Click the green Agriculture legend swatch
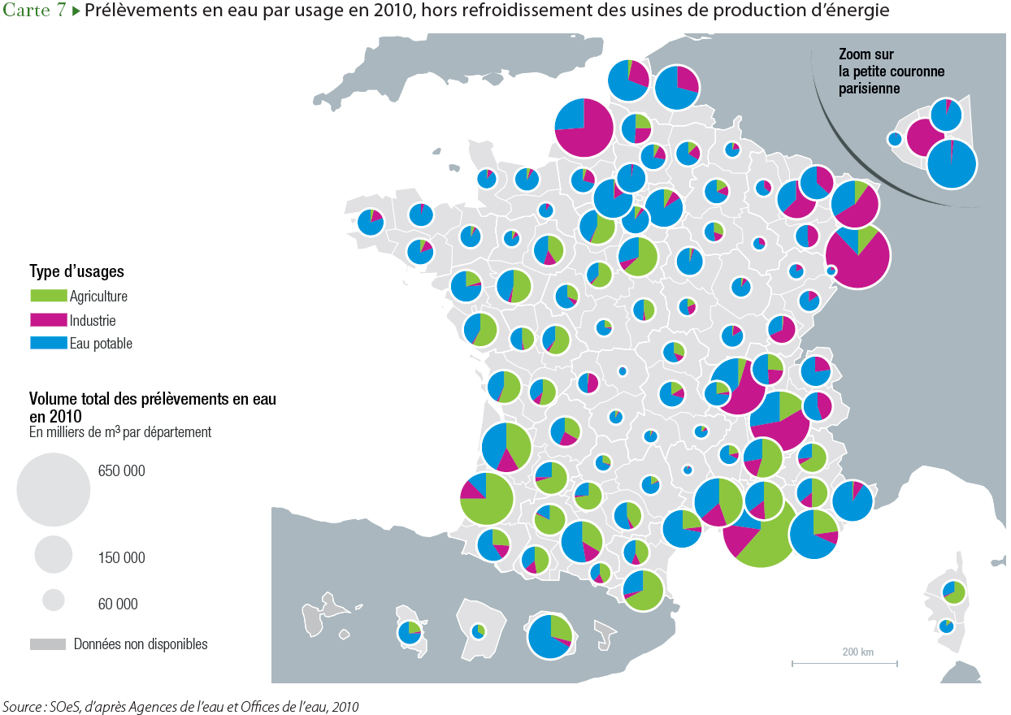(48, 297)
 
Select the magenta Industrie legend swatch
(48, 320)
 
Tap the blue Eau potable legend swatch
(48, 343)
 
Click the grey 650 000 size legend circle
(54, 490)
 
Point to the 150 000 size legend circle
(54, 555)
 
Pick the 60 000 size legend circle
(54, 600)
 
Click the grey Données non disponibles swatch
(48, 644)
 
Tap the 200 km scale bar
(844, 663)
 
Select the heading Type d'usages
(76, 271)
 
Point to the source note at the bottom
(180, 707)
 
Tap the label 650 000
(121, 470)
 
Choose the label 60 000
(117, 604)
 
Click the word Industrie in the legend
(93, 320)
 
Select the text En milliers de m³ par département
(120, 432)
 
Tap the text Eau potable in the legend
(101, 343)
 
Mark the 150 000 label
(121, 557)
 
